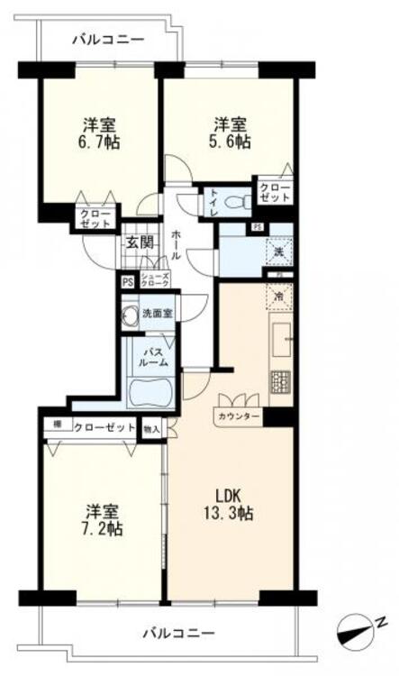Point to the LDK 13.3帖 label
232,506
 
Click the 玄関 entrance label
141,242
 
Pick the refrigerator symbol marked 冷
279,295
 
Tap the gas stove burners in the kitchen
280,381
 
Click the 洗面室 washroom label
158,314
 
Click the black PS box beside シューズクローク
127,280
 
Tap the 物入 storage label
150,430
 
